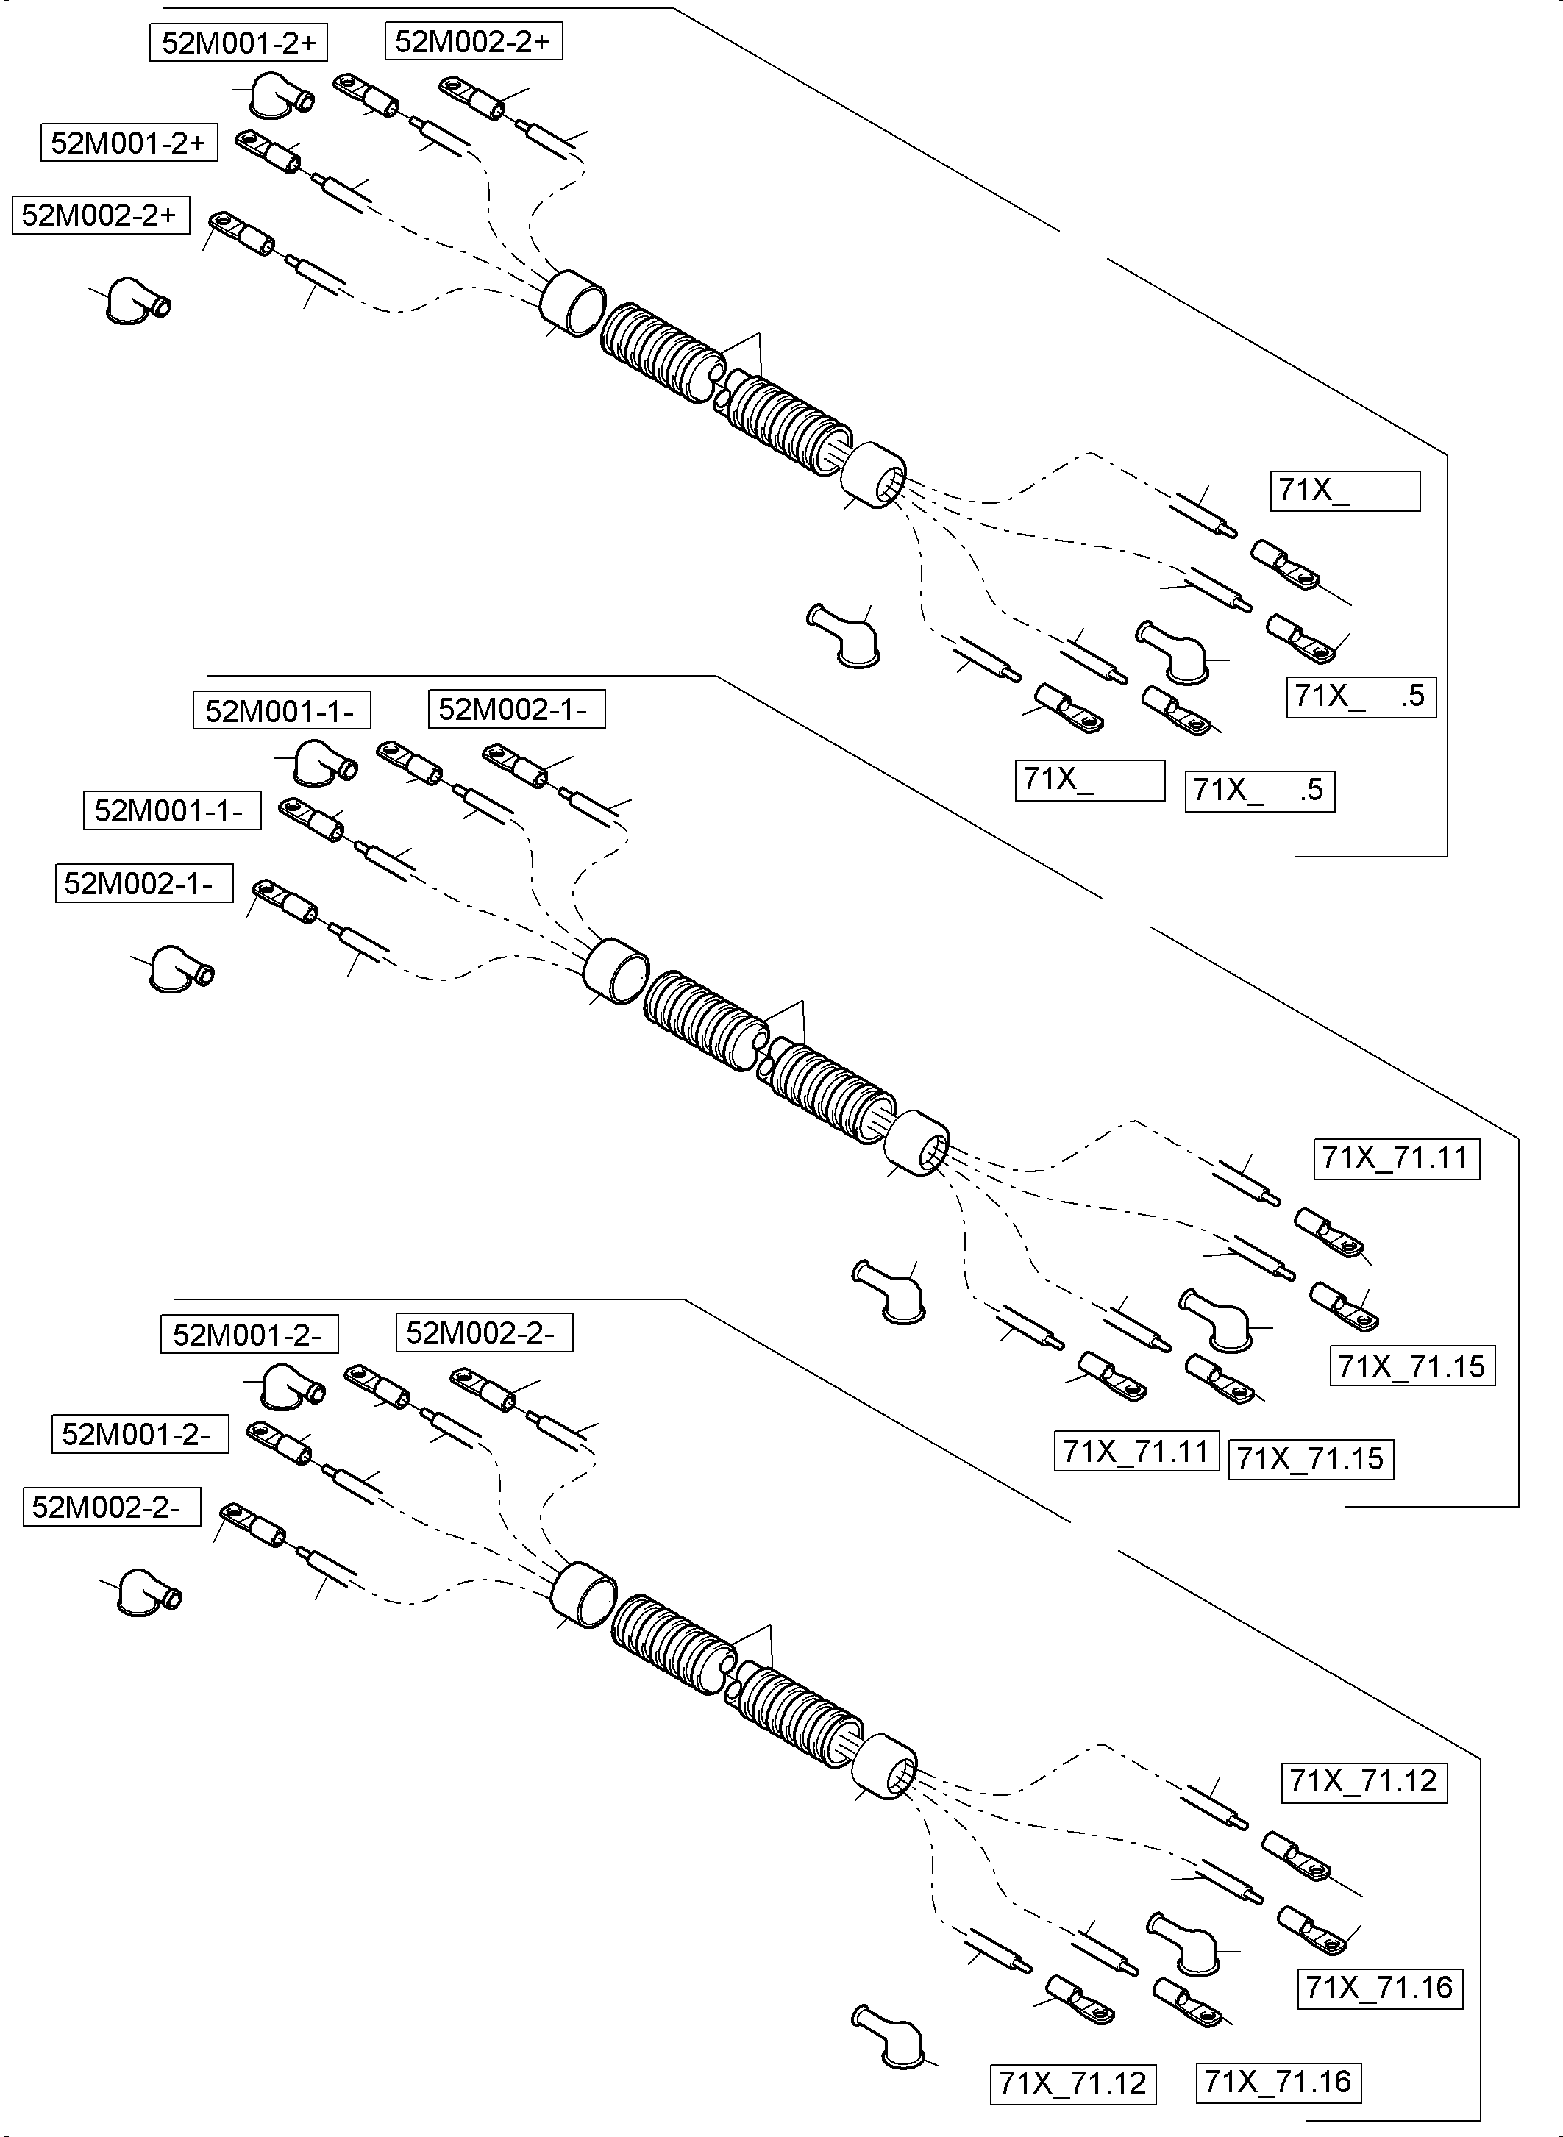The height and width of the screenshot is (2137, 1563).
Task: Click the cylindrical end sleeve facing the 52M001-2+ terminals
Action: pos(572,303)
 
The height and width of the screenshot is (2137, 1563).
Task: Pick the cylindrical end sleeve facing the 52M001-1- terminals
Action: pos(616,971)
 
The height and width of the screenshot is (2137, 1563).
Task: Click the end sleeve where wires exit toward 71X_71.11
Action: pos(916,1143)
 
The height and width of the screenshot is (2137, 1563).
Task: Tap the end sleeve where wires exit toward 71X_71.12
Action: pos(885,1767)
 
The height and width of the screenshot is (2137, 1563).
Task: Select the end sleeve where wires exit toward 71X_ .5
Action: pos(873,475)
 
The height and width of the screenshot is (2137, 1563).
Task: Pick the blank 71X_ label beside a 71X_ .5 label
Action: pos(1089,780)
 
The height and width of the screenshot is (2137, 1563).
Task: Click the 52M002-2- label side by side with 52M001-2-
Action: pos(483,1333)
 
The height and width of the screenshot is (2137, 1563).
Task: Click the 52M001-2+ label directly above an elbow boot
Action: pos(238,43)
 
